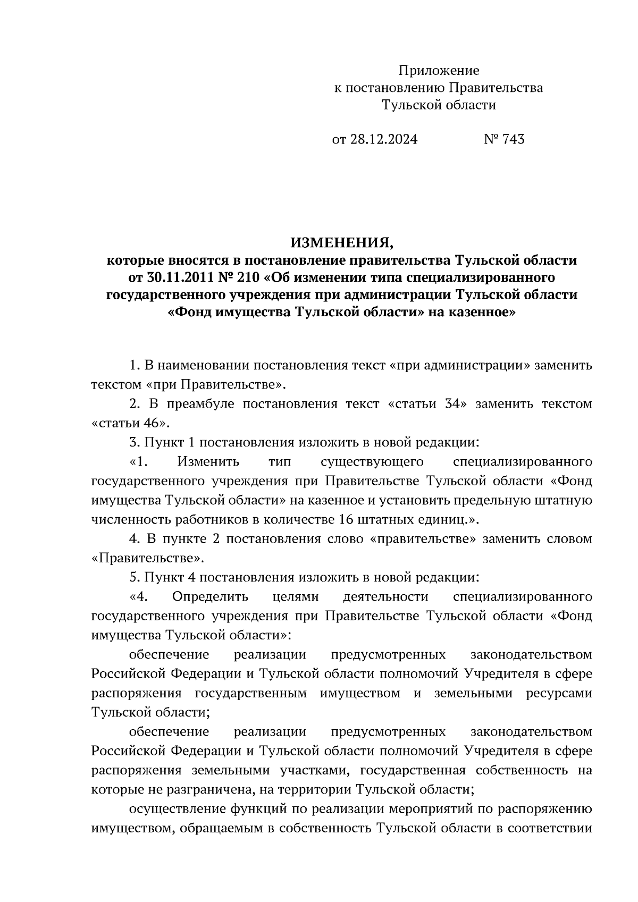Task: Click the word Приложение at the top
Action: (439, 70)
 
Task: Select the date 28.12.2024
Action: (383, 139)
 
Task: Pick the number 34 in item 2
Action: (451, 404)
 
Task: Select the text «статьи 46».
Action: (131, 423)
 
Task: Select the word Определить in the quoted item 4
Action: (210, 596)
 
